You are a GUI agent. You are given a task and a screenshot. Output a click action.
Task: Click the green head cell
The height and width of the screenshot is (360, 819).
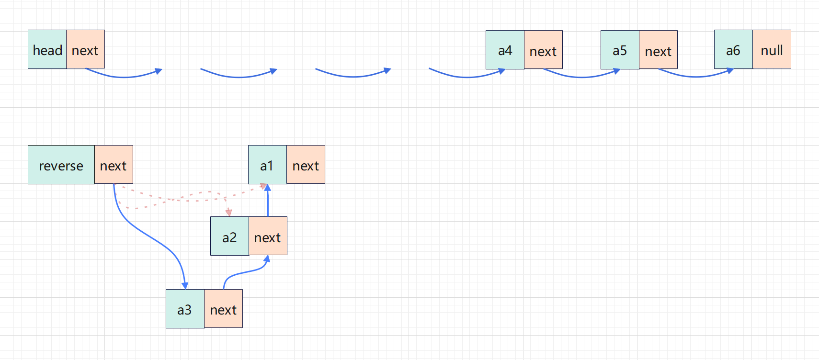[x=47, y=49]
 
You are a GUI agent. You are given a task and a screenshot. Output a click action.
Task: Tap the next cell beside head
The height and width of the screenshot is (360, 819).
[x=85, y=49]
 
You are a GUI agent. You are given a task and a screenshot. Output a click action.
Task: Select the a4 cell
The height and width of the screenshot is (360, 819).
[x=505, y=50]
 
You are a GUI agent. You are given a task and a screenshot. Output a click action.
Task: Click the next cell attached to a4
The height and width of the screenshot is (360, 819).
[x=543, y=50]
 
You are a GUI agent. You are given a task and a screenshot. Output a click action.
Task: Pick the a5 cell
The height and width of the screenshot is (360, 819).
[x=620, y=50]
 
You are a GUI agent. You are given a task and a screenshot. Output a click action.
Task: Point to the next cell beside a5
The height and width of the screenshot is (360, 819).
[x=658, y=50]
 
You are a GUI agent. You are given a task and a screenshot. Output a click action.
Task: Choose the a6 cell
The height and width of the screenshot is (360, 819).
[x=733, y=49]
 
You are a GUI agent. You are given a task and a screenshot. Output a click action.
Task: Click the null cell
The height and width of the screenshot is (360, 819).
[x=772, y=49]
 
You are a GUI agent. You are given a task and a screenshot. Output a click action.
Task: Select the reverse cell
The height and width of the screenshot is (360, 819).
[x=61, y=165]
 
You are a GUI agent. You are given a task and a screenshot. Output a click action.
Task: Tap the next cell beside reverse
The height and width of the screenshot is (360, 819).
[x=114, y=165]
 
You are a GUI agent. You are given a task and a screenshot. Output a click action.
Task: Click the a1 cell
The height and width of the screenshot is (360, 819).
[x=267, y=165]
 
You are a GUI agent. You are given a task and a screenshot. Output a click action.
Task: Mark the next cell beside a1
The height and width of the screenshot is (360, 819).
[x=306, y=165]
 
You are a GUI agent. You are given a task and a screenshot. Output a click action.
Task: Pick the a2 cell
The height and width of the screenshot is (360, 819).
[x=229, y=236]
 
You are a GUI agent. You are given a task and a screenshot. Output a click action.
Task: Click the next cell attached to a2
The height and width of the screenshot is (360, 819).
[x=268, y=236]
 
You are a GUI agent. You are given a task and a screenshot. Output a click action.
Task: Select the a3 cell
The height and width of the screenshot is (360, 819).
[x=185, y=309]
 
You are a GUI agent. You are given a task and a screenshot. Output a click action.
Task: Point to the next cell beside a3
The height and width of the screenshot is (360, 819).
[x=223, y=309]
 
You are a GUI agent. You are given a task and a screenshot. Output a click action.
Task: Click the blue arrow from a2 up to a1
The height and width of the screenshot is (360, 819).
[x=268, y=201]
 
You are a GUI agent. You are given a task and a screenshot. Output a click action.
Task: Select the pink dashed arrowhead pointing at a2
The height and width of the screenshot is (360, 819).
[x=229, y=212]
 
